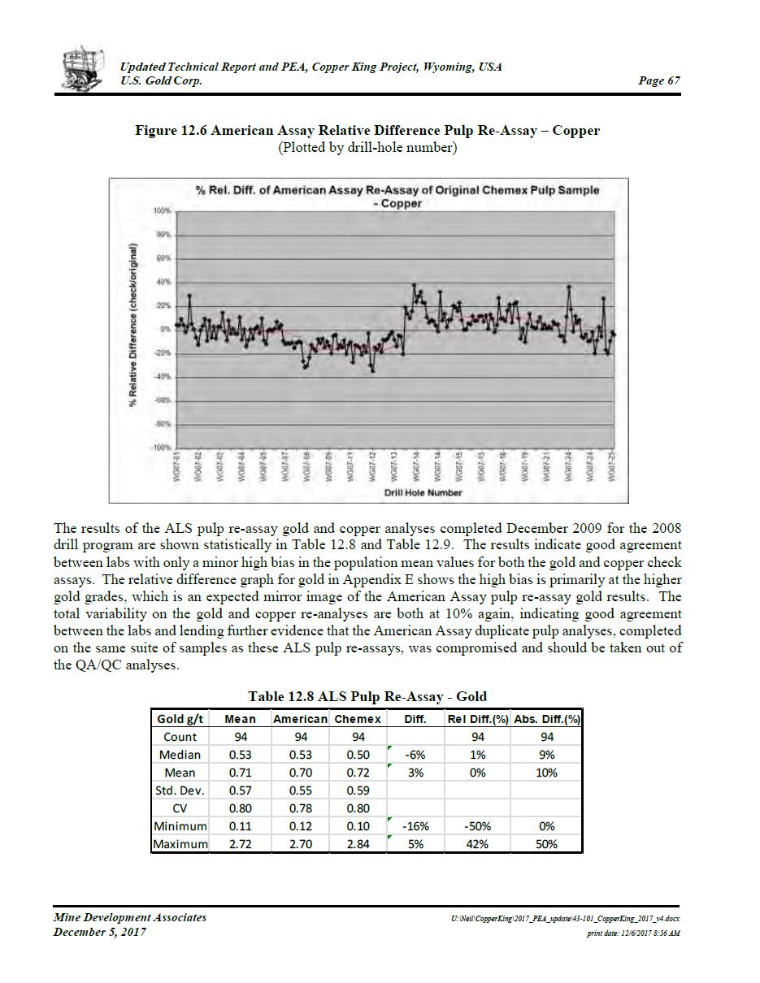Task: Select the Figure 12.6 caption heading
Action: [x=367, y=130]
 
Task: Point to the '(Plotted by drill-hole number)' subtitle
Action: [x=367, y=148]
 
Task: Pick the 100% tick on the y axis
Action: [x=161, y=211]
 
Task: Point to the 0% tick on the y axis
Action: [x=163, y=330]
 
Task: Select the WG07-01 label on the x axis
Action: [x=177, y=466]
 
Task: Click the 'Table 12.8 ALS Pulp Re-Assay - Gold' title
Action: [x=367, y=696]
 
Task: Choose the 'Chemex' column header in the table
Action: [x=358, y=719]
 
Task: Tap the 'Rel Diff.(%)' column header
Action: [x=478, y=719]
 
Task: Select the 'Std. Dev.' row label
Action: [x=180, y=790]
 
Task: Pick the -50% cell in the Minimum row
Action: [x=478, y=826]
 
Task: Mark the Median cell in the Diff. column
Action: [x=415, y=755]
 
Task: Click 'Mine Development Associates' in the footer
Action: [x=130, y=917]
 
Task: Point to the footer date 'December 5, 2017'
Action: [x=100, y=932]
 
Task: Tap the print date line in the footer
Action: [x=633, y=933]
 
